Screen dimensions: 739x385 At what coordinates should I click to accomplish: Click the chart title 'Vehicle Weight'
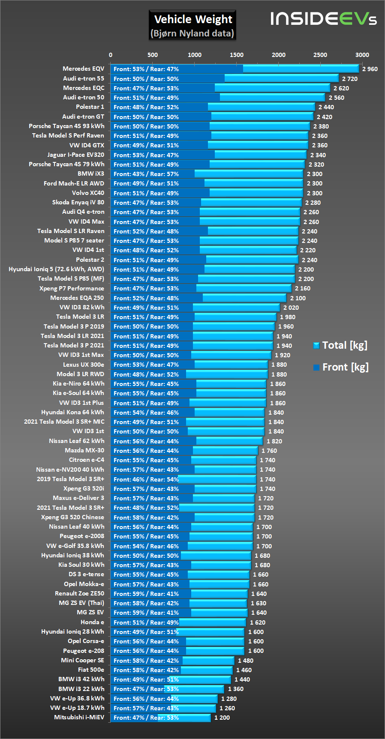point(193,19)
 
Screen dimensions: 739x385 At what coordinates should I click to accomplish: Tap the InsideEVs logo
point(323,19)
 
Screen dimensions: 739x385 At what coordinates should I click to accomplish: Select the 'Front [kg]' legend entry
point(341,367)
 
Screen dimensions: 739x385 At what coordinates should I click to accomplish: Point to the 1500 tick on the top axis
point(236,55)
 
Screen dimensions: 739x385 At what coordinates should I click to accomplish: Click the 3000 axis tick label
point(362,55)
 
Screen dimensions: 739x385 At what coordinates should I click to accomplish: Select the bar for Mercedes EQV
point(234,69)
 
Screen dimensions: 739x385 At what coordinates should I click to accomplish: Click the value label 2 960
point(370,69)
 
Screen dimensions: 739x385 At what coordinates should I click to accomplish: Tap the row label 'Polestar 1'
point(90,107)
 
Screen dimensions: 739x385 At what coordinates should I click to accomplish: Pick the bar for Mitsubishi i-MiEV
point(160,718)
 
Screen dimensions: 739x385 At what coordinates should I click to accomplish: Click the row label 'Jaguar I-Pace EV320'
point(75,155)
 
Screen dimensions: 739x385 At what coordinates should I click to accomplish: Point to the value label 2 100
point(298,298)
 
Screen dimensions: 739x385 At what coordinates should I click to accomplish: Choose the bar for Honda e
point(178,622)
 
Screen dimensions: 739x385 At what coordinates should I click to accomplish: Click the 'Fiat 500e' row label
point(91,670)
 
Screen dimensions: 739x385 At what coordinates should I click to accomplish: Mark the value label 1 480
point(245,661)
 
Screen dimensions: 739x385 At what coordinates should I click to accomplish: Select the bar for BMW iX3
point(206,174)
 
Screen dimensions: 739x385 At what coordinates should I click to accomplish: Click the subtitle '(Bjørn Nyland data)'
point(192,33)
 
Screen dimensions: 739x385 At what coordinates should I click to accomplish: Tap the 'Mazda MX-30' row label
point(84,450)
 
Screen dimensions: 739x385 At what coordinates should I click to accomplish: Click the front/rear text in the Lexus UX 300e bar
point(146,365)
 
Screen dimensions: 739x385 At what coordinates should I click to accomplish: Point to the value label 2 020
point(291,308)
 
